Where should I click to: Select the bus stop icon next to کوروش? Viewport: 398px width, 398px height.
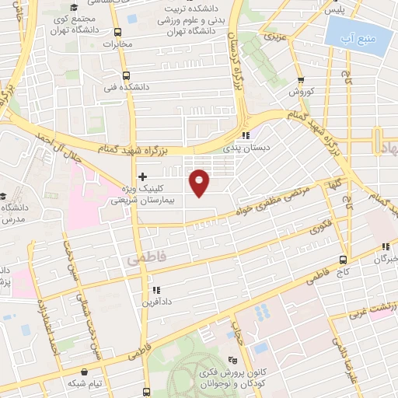[301, 79]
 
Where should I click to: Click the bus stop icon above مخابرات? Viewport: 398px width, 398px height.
[117, 33]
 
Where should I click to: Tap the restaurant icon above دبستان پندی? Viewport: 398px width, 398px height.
[246, 134]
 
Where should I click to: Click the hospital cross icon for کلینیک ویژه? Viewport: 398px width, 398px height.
[141, 176]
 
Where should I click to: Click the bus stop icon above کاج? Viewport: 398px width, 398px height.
[343, 260]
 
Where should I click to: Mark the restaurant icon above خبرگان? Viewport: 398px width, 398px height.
[384, 246]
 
